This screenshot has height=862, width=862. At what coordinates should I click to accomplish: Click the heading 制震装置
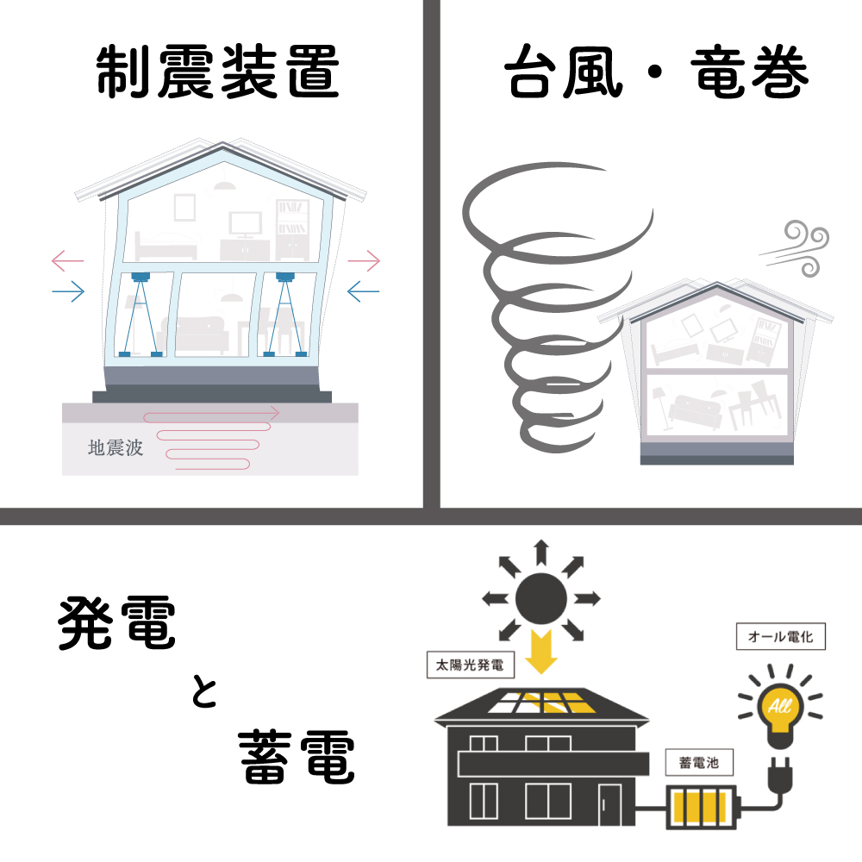[218, 72]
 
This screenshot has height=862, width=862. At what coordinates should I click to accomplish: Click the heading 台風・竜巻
[657, 72]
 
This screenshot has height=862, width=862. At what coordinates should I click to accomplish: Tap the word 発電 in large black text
[116, 623]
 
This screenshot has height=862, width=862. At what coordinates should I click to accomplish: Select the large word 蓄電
[297, 757]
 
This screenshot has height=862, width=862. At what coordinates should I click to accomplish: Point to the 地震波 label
[116, 447]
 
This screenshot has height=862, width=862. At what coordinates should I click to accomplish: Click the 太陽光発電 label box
[470, 665]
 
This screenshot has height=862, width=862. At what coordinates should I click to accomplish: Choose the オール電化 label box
[781, 637]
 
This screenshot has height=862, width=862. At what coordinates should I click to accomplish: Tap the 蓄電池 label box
[699, 763]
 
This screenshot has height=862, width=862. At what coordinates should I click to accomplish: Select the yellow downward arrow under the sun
[541, 652]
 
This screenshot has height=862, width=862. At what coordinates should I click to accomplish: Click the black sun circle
[541, 598]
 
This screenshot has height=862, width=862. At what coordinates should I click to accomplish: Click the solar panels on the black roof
[541, 702]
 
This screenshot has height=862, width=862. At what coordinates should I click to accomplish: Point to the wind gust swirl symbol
[796, 248]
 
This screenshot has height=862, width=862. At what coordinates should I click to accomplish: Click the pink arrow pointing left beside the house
[67, 260]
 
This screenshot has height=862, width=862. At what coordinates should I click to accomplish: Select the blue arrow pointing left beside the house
[364, 291]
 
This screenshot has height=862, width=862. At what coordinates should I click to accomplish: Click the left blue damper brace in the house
[141, 314]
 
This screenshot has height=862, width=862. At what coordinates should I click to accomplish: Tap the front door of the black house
[609, 803]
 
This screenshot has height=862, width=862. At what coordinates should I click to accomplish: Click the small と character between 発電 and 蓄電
[204, 691]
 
